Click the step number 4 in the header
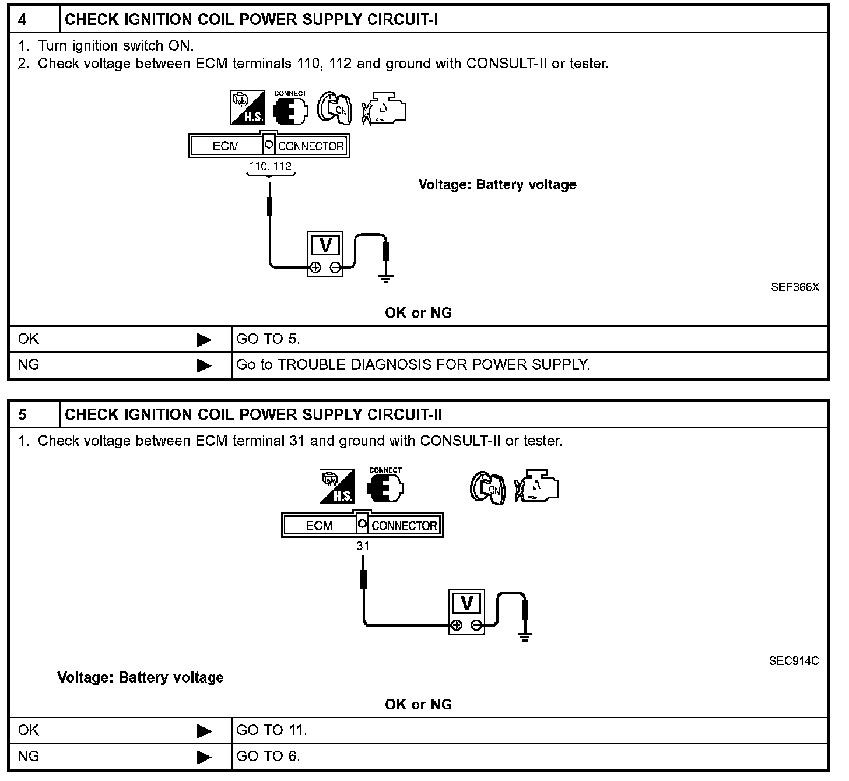point(22,20)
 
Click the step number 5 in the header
point(22,415)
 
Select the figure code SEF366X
point(794,287)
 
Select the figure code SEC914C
point(794,661)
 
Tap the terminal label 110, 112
point(270,166)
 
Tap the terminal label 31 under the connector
point(363,546)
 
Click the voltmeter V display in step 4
point(325,245)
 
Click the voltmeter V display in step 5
point(466,603)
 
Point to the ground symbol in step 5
point(525,636)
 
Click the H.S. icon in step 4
point(248,107)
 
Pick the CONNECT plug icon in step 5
point(385,486)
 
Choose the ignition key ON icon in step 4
point(335,108)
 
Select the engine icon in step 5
point(537,486)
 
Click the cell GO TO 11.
point(271,730)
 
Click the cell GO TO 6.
point(268,756)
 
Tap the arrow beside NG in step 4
point(204,365)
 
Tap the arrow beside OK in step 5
point(204,730)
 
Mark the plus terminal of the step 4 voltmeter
point(315,268)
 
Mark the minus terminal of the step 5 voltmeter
point(476,625)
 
